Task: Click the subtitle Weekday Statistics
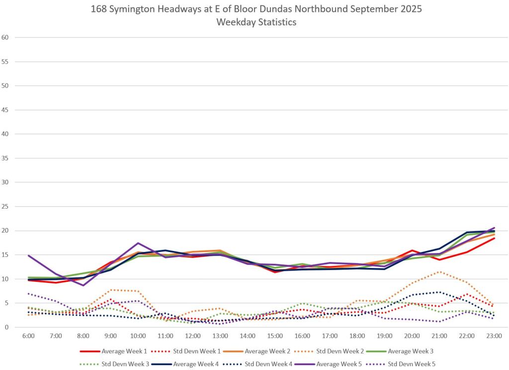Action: (x=256, y=22)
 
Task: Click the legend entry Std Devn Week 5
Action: (x=411, y=364)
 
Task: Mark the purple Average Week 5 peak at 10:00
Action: (x=138, y=243)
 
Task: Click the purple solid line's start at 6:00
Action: (x=29, y=255)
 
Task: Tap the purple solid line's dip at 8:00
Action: (x=84, y=285)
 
